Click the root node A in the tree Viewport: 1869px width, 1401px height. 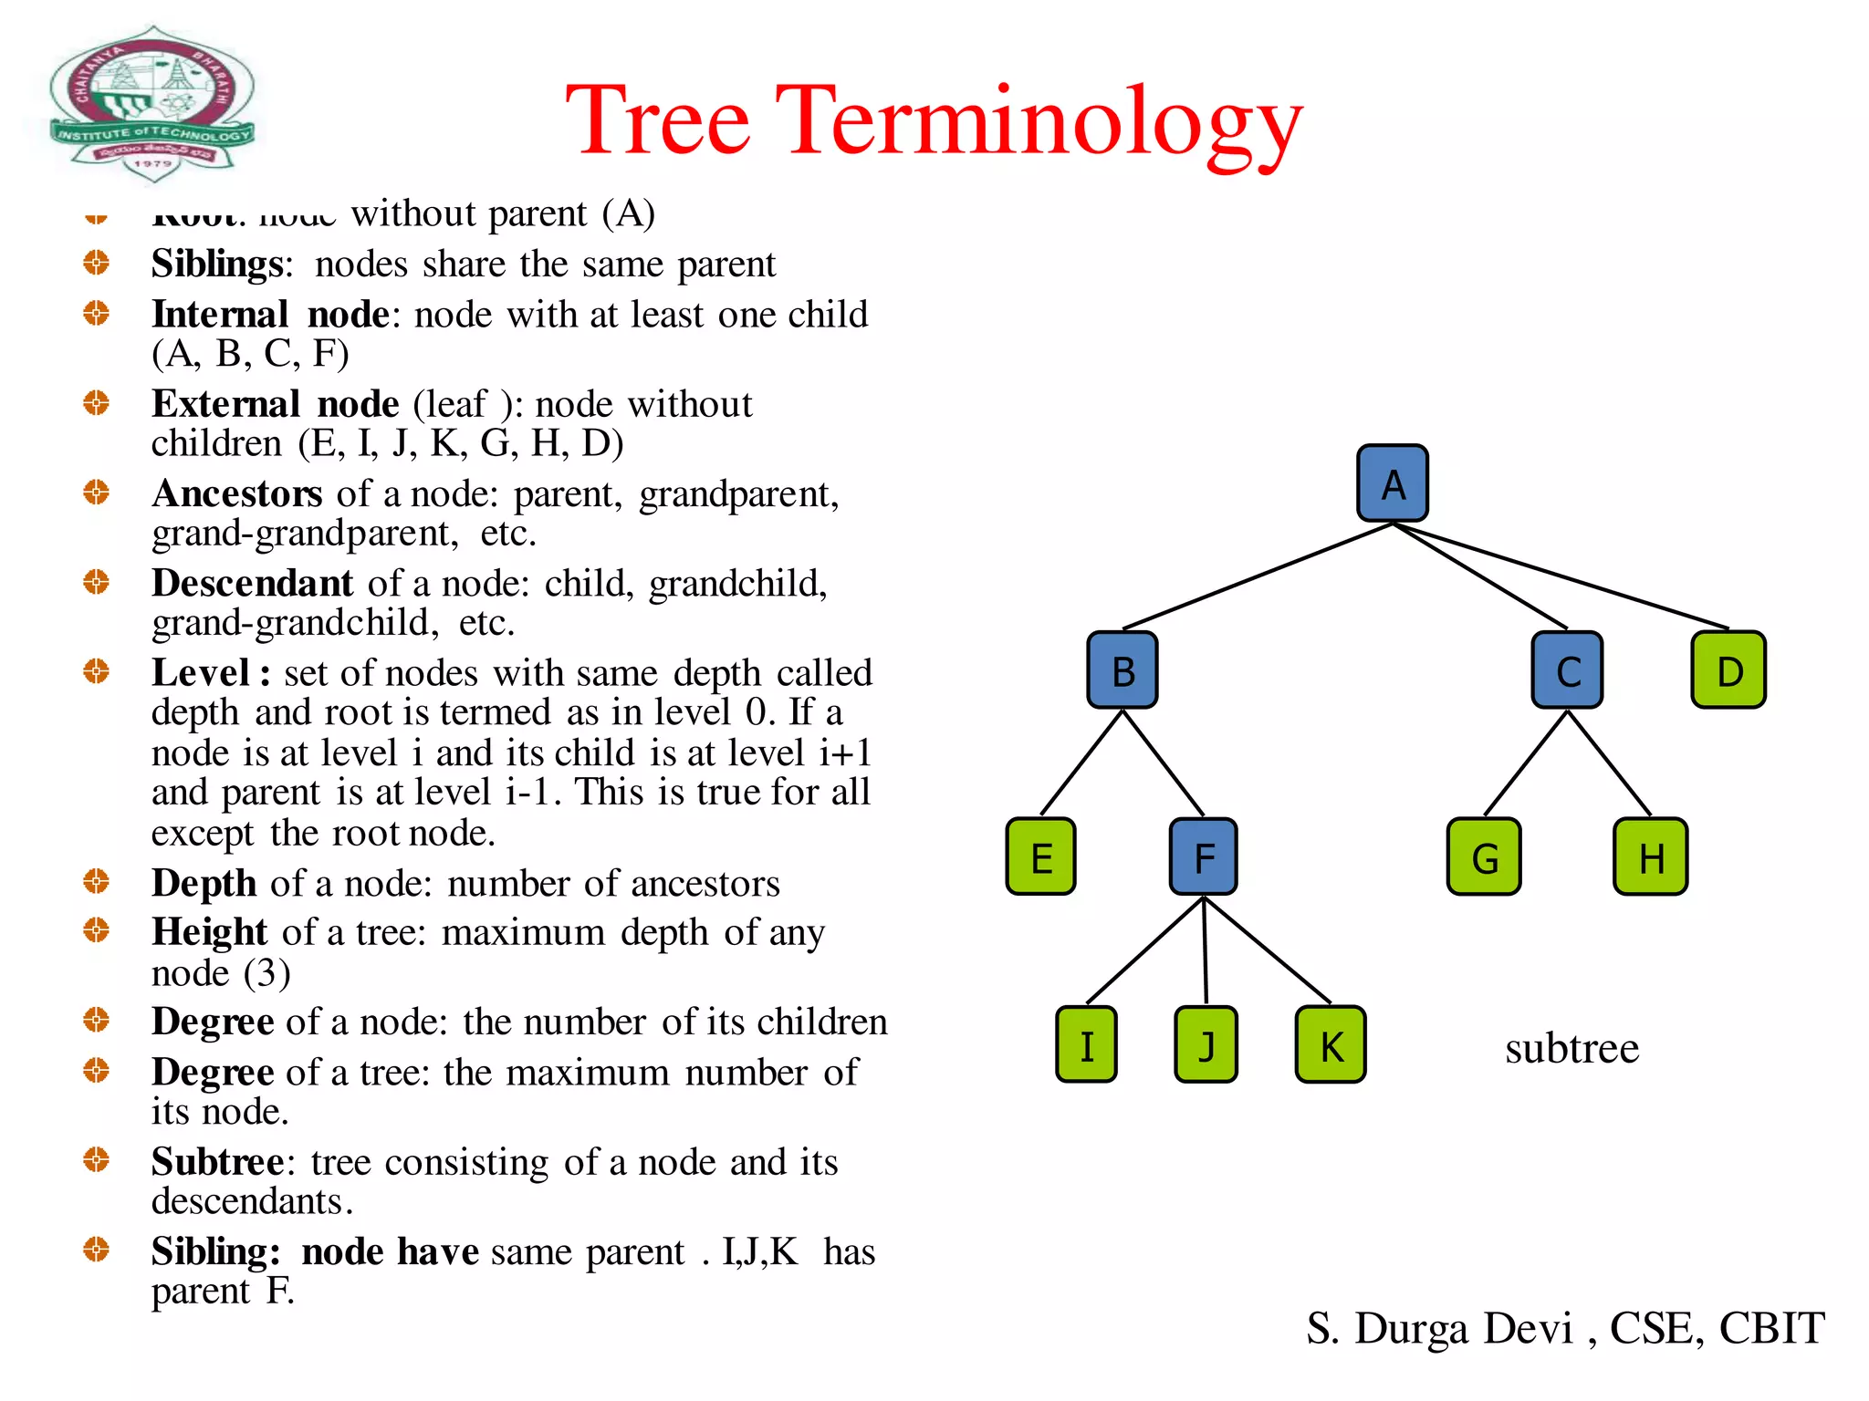coord(1392,483)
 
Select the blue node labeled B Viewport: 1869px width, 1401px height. coord(1122,670)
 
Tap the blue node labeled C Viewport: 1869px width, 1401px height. coord(1567,670)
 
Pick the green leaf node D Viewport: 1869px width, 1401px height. coord(1728,670)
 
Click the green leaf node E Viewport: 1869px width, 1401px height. coord(1041,856)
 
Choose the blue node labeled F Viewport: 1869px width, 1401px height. coord(1204,856)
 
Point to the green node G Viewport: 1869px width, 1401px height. coord(1484,856)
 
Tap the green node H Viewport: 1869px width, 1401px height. coord(1650,856)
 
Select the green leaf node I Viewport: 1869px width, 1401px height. coord(1086,1044)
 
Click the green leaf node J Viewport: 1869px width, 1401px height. coord(1206,1044)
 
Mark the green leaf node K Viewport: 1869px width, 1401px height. coord(1331,1044)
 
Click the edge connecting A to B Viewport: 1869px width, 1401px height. coord(1258,576)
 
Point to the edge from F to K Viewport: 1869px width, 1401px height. coord(1269,951)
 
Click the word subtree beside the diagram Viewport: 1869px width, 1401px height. coord(1571,1048)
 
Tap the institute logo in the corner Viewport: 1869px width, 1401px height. coord(151,102)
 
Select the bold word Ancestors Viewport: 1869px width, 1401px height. coord(237,493)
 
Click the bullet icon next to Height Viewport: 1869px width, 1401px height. coord(96,930)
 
